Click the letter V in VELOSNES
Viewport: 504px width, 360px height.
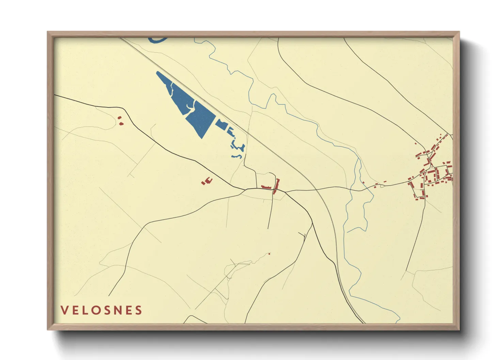(64, 310)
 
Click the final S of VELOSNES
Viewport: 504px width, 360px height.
(138, 310)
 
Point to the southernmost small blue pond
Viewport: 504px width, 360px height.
(237, 156)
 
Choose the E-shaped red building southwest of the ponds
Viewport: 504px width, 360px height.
(207, 181)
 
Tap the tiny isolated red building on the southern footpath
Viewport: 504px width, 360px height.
(269, 253)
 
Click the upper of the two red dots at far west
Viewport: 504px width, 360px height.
(119, 118)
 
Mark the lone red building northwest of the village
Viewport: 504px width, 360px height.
(415, 144)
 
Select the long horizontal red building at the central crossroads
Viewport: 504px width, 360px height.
(267, 187)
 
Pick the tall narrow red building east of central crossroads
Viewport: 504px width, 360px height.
(276, 186)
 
